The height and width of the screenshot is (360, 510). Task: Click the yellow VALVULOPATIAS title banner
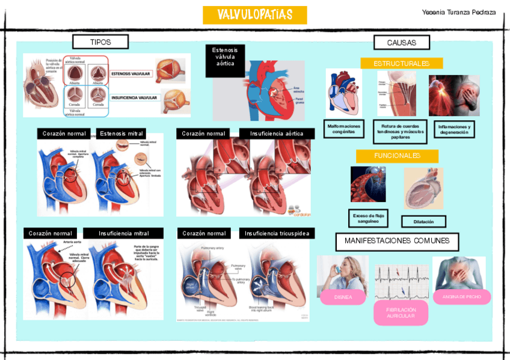[x=254, y=15]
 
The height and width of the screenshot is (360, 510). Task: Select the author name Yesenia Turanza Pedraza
[x=459, y=12]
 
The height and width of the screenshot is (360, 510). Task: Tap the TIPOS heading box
[x=100, y=42]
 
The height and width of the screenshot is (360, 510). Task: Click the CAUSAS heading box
[x=401, y=43]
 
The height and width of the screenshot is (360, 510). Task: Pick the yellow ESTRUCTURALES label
[x=401, y=64]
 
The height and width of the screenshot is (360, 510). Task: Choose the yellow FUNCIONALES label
[x=397, y=156]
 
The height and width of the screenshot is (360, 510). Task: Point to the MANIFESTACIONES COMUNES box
[x=397, y=241]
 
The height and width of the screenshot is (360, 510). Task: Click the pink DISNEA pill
[x=343, y=297]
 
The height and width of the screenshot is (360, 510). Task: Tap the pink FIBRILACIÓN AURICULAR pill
[x=401, y=313]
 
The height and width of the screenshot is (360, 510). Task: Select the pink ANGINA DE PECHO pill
[x=462, y=297]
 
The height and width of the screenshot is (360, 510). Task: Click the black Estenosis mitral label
[x=121, y=133]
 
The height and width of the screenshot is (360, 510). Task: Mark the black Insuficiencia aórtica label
[x=277, y=133]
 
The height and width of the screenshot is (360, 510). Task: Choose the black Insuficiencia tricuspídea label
[x=277, y=233]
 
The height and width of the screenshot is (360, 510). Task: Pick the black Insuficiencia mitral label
[x=123, y=233]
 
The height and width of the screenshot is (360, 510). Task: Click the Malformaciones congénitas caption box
[x=344, y=129]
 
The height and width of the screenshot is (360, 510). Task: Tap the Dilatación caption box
[x=423, y=222]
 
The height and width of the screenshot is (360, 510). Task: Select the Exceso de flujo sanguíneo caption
[x=368, y=218]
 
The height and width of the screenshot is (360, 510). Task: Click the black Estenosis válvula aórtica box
[x=225, y=60]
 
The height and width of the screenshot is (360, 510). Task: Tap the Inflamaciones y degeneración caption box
[x=453, y=129]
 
